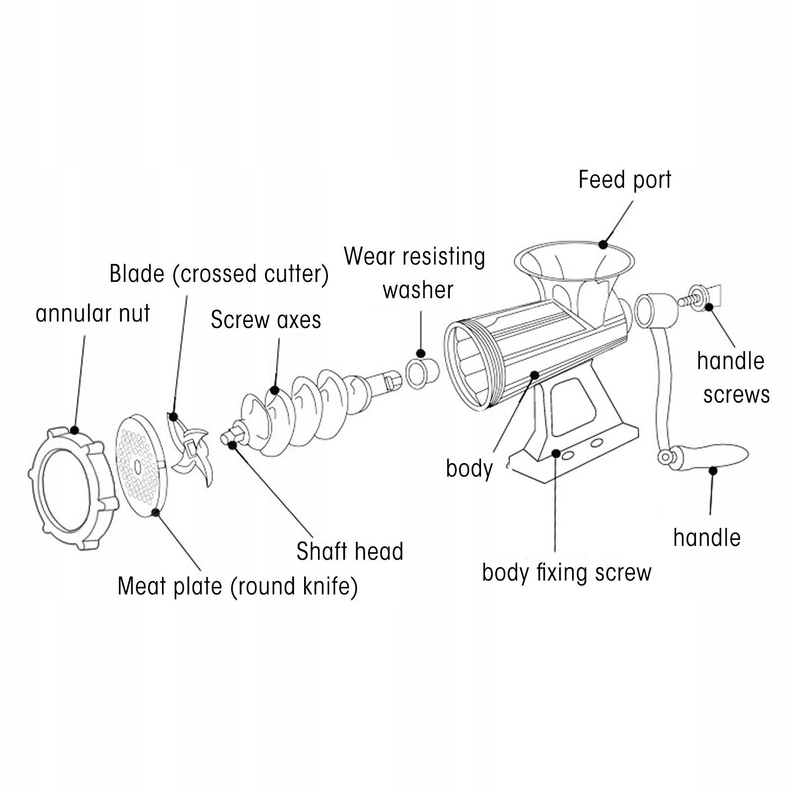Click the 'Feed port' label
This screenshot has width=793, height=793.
pos(625,180)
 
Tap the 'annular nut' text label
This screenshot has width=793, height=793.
pos(93,314)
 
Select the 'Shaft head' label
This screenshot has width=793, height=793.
pos(350,551)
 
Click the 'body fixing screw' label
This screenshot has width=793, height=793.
pos(567,573)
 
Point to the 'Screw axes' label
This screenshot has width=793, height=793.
pos(266,320)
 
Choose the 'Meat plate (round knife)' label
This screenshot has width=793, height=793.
pos(238,586)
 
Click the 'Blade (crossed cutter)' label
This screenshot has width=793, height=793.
pos(219,274)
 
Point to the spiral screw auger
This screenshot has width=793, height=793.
pos(307,406)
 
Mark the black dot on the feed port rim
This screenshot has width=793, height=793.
pos(603,244)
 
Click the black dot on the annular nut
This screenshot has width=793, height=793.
pos(74,430)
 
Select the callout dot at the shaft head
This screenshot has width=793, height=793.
pos(232,445)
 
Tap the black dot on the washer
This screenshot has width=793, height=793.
pos(421,354)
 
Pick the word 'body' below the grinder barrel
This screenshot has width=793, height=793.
pos(469,469)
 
